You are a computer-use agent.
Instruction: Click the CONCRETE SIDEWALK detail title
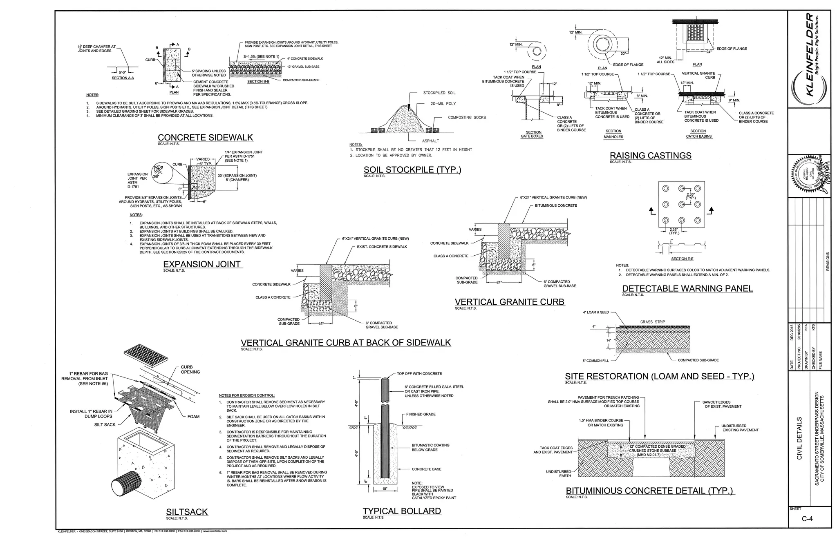[205, 138]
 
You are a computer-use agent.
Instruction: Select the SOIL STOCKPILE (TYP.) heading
[412, 170]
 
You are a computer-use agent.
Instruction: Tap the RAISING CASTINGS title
[650, 156]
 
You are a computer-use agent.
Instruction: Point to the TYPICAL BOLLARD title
[402, 511]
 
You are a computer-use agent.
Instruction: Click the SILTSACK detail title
[187, 512]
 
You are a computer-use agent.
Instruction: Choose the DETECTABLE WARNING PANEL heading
[687, 288]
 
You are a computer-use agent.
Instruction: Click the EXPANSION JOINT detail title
[202, 264]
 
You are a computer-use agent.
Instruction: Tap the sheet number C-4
[807, 519]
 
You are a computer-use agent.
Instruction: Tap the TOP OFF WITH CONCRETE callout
[419, 373]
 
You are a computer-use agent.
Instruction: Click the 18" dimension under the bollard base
[385, 489]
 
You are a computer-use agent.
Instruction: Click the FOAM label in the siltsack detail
[193, 417]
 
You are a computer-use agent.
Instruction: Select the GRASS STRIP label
[652, 322]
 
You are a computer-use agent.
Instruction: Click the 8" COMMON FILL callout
[595, 361]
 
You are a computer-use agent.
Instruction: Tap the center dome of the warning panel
[681, 204]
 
